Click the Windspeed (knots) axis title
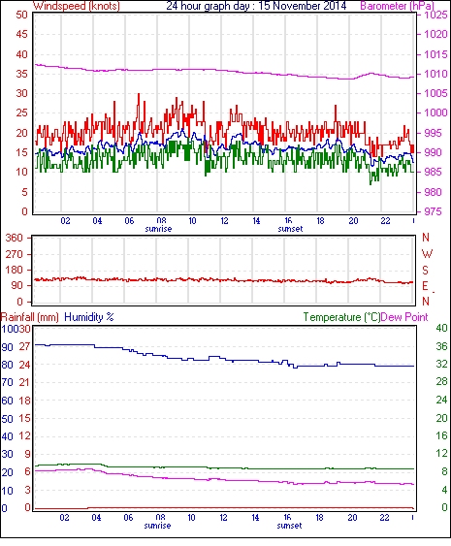pos(77,6)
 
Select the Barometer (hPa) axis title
pos(397,6)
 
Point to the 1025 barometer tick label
pos(435,15)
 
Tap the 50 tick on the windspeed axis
pos(21,15)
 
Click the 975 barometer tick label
pos(434,211)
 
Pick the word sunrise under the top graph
pos(158,229)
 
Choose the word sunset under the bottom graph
pos(289,526)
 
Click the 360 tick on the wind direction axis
pos(15,239)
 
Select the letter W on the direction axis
pos(427,254)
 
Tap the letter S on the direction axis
pos(425,270)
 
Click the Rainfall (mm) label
pos(30,317)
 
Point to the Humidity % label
pos(89,317)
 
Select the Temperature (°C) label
pos(341,317)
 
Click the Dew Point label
pos(404,317)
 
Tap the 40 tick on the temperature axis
pos(441,328)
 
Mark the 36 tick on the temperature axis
pos(441,346)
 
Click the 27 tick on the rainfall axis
pos(24,347)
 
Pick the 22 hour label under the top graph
pos(385,221)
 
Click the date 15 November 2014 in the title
pos(303,6)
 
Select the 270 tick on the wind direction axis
pos(15,254)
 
